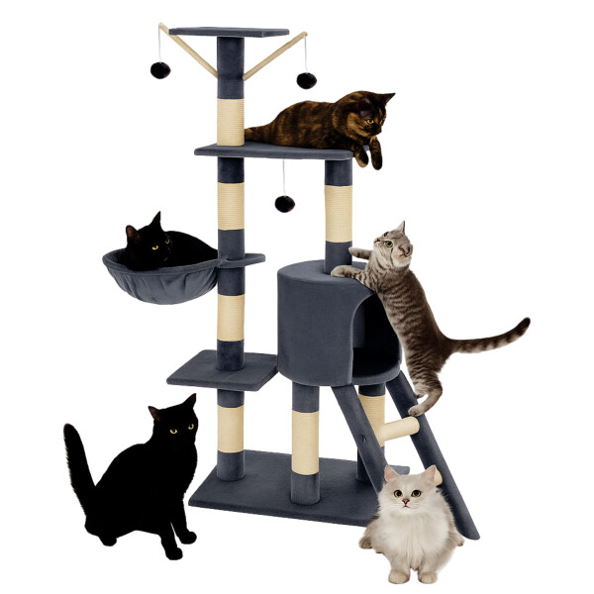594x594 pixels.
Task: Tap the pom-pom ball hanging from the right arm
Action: coord(306,79)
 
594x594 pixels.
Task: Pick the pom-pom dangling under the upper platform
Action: coord(284,203)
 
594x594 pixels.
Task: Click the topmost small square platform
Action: coord(230,33)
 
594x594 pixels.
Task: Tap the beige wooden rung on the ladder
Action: coord(400,430)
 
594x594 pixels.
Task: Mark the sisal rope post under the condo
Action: coord(305,436)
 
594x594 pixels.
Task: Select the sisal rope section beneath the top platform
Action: coord(230,119)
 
